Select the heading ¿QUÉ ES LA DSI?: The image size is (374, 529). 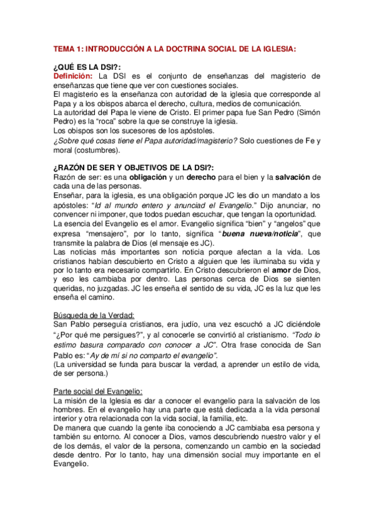click(x=87, y=67)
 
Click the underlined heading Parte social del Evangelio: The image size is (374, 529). click(x=99, y=391)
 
